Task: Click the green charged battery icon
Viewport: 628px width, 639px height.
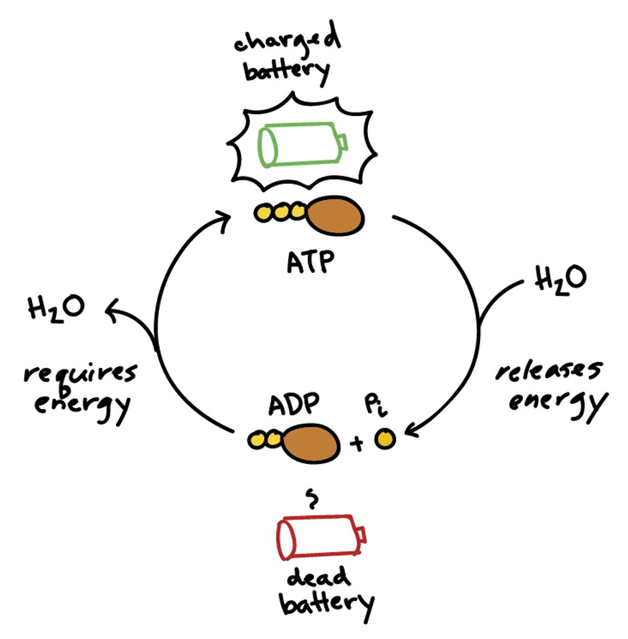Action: tap(301, 144)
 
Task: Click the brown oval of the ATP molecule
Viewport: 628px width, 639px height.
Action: tap(336, 215)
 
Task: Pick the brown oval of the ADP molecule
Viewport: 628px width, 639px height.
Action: tap(311, 442)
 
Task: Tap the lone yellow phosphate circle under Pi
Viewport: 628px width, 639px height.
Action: tap(384, 439)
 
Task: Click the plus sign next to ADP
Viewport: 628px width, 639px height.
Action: tap(356, 444)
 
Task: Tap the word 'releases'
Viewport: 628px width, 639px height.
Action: tap(549, 374)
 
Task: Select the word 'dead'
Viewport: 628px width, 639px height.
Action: tap(318, 578)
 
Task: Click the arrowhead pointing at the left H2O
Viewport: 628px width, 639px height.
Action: tap(110, 311)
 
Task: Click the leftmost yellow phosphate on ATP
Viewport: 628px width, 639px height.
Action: tap(263, 213)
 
